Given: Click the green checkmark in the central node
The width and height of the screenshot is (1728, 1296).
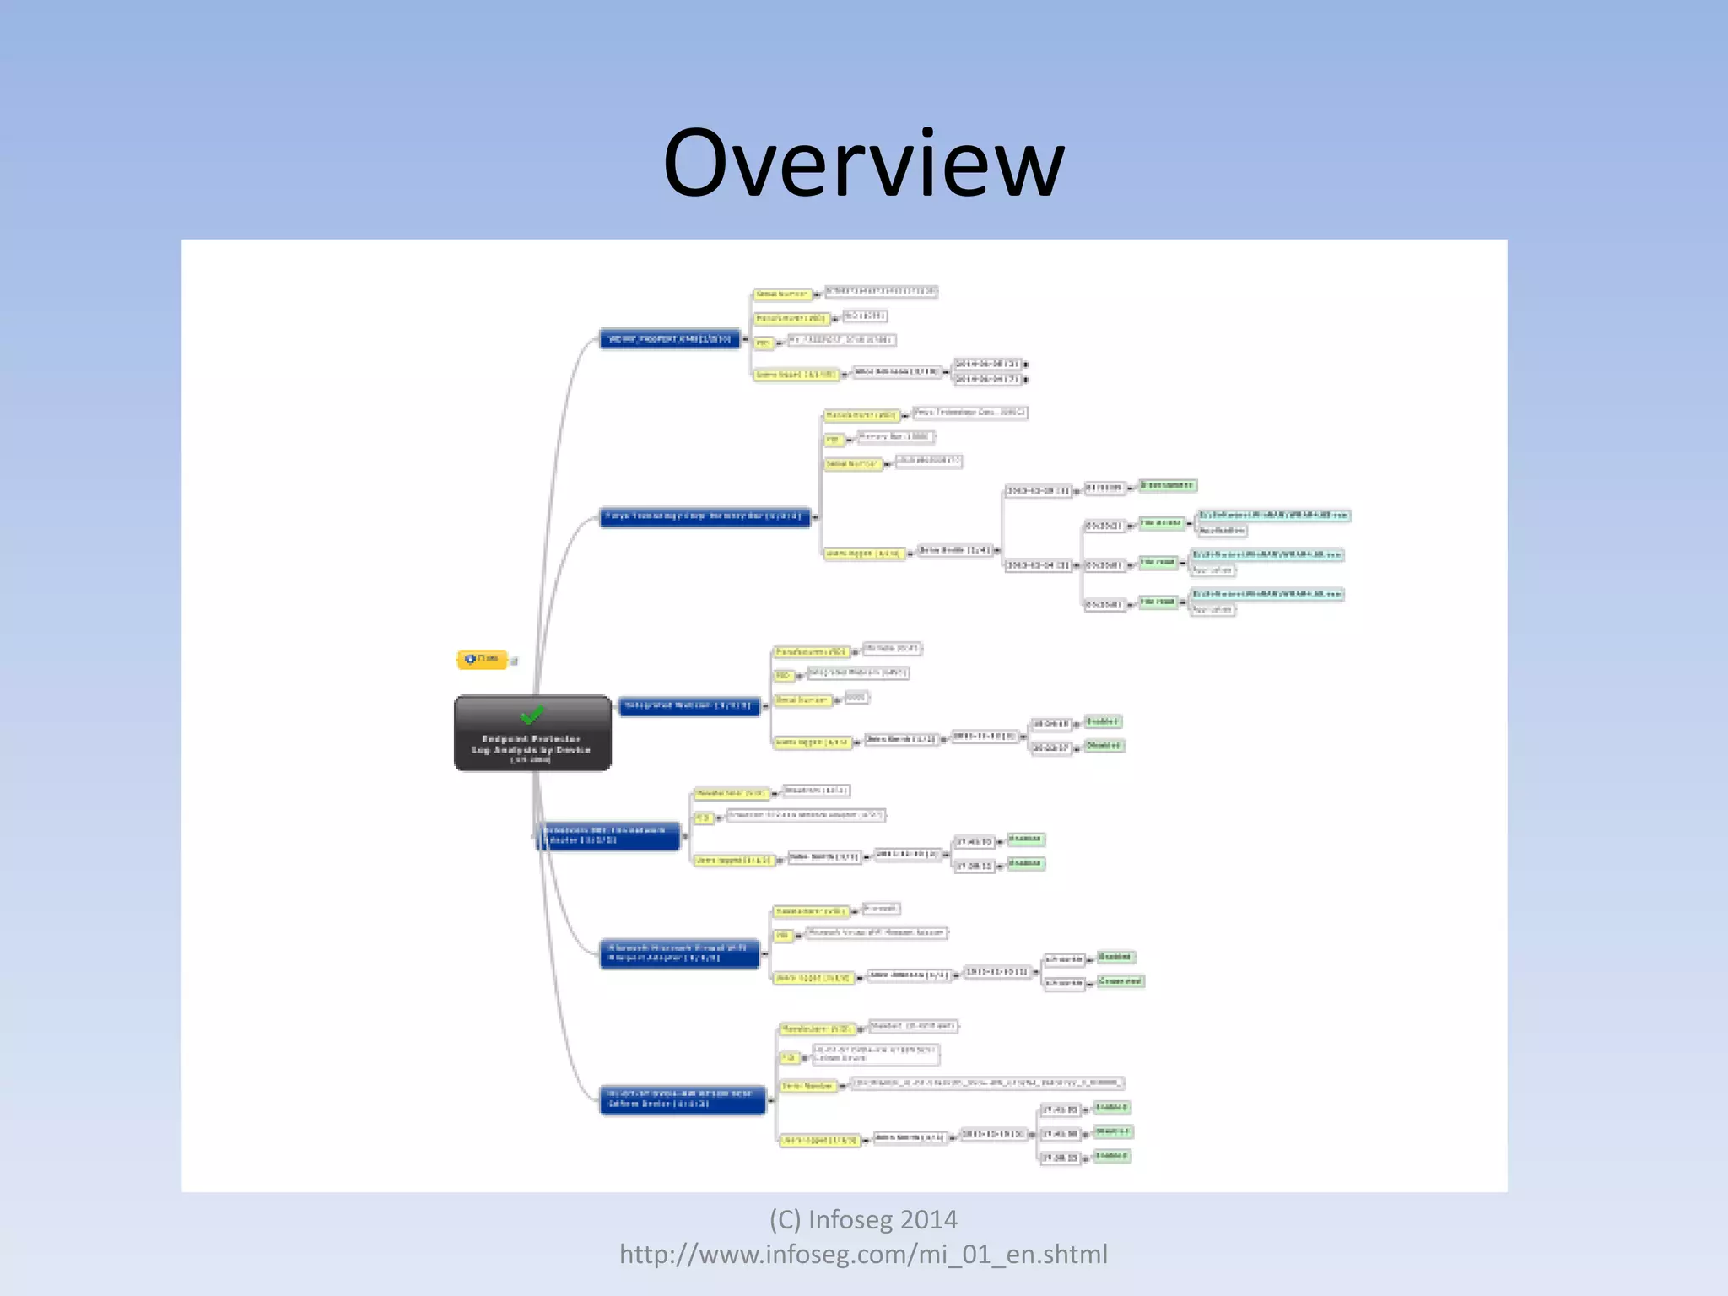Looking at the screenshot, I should coord(532,715).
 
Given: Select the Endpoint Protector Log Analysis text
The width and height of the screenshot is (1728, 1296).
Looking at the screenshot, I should coord(532,748).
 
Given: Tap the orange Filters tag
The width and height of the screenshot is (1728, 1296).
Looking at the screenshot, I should coord(483,659).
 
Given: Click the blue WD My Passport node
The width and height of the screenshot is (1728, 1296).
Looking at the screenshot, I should coord(670,339).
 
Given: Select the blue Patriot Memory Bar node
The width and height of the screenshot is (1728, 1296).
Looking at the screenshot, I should coord(705,516).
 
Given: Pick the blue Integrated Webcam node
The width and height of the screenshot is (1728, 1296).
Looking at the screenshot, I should coord(689,706).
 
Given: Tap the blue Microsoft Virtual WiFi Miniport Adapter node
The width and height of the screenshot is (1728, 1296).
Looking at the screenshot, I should coord(679,953).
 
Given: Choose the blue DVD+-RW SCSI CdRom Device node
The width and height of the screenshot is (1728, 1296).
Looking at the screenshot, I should coord(683,1099).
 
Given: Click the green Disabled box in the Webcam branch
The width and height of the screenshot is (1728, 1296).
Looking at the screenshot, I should coord(1104,746).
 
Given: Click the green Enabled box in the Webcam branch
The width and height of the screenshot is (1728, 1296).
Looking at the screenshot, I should coord(1103,722).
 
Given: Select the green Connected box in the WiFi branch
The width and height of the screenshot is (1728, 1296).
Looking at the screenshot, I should coord(1120,981).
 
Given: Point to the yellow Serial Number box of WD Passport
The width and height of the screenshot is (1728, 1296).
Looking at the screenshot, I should coord(782,294).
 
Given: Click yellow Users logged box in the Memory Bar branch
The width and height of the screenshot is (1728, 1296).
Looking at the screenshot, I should coord(863,553).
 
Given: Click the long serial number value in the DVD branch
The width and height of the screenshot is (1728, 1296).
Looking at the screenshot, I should coord(987,1083).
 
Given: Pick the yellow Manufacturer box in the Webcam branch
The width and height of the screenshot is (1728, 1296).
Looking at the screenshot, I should coord(811,652).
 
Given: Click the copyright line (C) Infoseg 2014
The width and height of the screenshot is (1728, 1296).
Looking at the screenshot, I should coord(863,1220).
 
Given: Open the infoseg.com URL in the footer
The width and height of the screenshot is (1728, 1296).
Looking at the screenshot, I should coord(863,1255).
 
